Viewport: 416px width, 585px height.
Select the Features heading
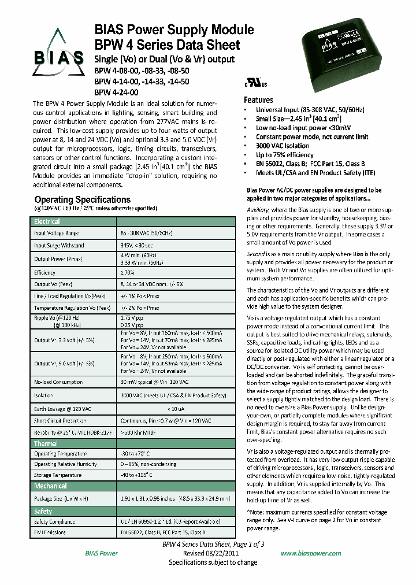(258, 99)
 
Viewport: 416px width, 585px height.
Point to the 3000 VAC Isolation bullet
(283, 146)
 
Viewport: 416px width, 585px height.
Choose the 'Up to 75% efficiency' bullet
(285, 155)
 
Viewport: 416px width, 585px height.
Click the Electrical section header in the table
(47, 221)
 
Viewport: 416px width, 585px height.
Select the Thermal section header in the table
(46, 443)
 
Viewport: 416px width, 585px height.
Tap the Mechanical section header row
(50, 486)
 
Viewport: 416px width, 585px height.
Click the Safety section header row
(43, 511)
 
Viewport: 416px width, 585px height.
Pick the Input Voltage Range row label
(56, 233)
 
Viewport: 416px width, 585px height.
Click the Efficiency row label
(44, 272)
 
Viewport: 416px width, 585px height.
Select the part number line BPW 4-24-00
(116, 92)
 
